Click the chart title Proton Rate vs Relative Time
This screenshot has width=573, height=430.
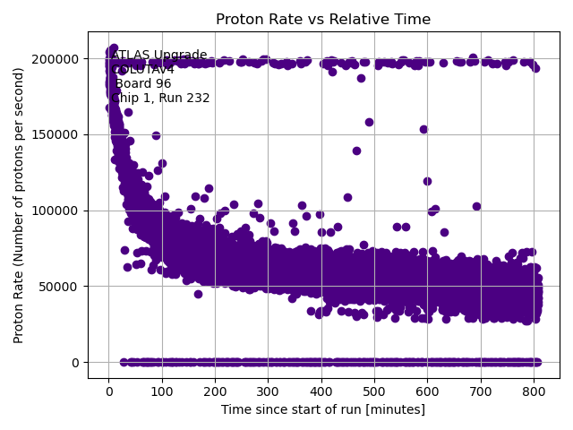pos(322,20)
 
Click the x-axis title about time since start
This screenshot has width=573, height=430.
pos(322,409)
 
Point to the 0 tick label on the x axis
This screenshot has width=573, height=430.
pos(108,391)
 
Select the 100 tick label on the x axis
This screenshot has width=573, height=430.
pos(161,391)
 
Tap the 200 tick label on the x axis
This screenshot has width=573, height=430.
pos(215,391)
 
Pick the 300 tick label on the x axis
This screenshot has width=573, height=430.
pos(268,391)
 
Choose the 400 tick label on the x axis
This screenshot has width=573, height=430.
pos(321,391)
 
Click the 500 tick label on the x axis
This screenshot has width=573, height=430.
pos(374,391)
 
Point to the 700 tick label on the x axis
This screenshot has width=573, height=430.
pos(481,391)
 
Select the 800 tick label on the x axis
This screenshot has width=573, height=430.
pos(534,391)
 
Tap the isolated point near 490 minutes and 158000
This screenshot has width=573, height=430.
pos(369,123)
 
